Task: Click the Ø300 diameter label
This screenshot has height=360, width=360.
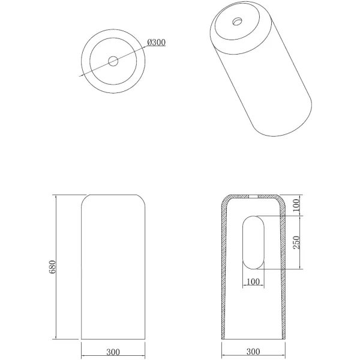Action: (x=156, y=42)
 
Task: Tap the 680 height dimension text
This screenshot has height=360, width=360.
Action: (x=52, y=267)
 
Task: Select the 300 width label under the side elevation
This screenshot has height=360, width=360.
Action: (x=113, y=352)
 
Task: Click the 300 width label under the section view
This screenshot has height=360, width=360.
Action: (x=253, y=352)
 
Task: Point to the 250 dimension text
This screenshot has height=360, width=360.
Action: (x=296, y=242)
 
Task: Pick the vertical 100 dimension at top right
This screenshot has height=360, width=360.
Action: (x=296, y=205)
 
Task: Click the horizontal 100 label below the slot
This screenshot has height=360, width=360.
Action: (x=253, y=281)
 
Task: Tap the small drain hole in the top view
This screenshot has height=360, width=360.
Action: (x=113, y=61)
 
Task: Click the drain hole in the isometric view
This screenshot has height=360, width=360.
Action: (x=237, y=22)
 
